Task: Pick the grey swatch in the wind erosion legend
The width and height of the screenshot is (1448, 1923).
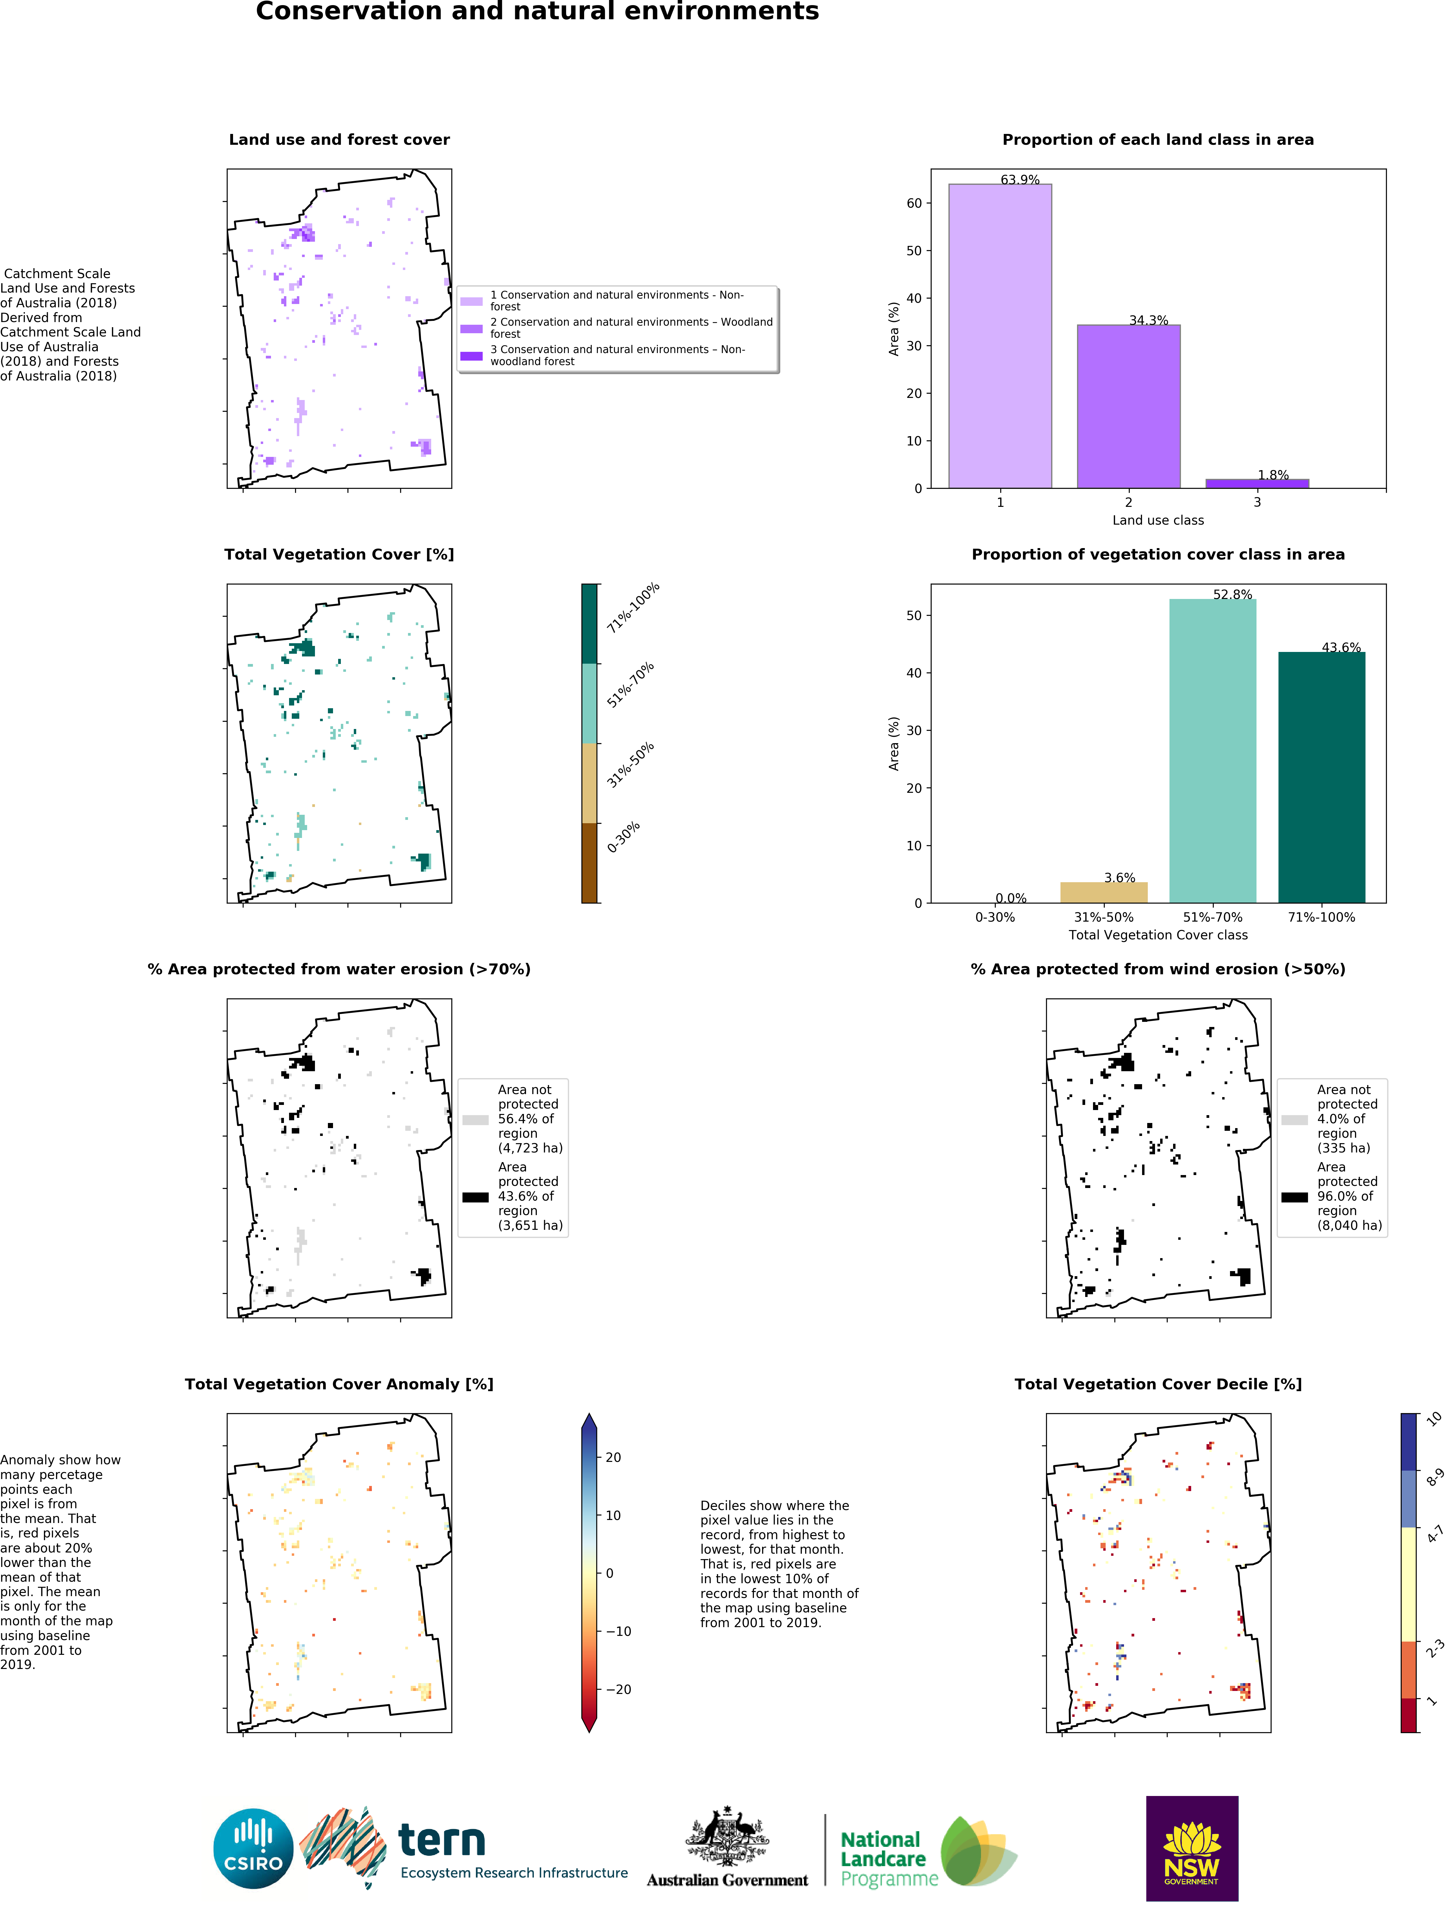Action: tap(1294, 1120)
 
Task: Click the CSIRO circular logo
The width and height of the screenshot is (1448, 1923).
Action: tap(253, 1848)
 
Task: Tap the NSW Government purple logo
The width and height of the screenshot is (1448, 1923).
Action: tap(1191, 1848)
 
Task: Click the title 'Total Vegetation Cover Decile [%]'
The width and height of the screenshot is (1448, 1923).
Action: tap(1157, 1384)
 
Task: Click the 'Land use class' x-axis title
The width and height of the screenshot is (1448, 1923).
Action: tap(1157, 520)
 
